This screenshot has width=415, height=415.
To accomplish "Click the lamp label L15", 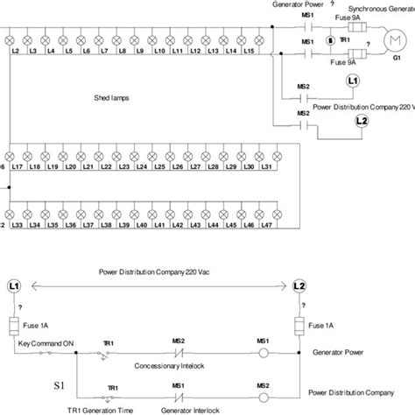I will click(250, 52).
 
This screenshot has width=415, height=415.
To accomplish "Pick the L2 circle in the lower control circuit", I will click(299, 286).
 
